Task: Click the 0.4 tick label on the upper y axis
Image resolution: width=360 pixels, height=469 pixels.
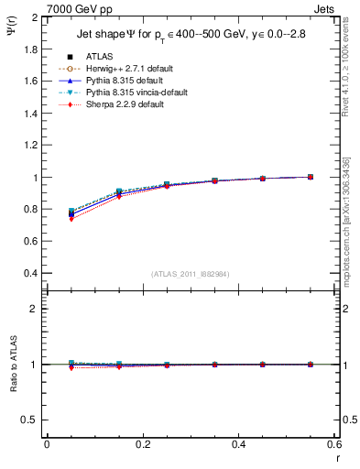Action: point(32,274)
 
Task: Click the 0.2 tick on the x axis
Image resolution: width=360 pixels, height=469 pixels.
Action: point(143,445)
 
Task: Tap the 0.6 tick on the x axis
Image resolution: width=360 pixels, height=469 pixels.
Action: point(334,445)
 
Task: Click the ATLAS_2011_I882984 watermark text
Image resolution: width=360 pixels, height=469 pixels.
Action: point(191,274)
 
